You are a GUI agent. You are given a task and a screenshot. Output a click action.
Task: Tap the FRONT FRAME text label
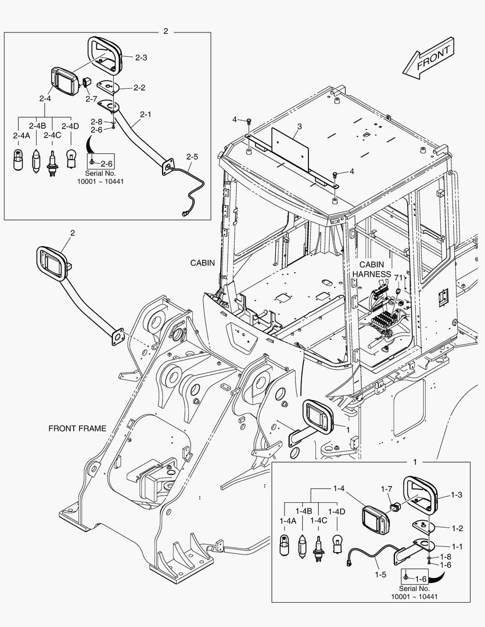click(77, 428)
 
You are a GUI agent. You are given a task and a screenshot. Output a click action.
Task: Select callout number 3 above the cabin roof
click(299, 127)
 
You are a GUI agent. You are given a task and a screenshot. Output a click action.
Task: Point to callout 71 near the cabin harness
click(398, 278)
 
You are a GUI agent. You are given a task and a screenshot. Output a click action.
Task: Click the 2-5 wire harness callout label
click(192, 157)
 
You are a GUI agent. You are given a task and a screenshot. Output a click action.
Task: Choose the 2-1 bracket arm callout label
click(145, 114)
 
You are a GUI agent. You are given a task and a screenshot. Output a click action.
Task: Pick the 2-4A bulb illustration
click(18, 158)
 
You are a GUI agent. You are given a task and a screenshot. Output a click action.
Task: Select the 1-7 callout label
click(387, 489)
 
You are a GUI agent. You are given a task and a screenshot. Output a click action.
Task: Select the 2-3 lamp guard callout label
click(141, 57)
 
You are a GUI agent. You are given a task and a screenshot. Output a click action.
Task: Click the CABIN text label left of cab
click(203, 262)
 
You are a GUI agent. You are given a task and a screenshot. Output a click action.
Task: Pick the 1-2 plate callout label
click(457, 528)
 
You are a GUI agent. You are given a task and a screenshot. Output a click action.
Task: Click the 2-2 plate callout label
click(139, 88)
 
